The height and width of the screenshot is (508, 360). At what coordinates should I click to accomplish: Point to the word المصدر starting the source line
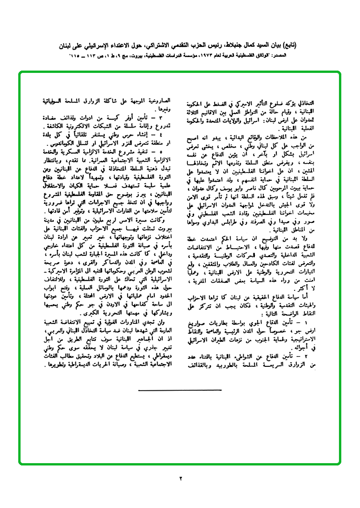tap(304, 55)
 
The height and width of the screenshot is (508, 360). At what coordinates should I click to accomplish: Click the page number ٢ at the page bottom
tap(180, 478)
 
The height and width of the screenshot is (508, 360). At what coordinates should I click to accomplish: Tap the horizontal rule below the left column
tap(180, 390)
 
